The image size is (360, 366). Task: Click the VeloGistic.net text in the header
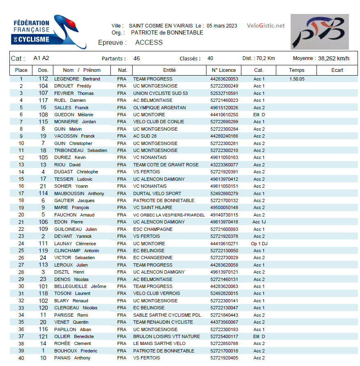(266, 25)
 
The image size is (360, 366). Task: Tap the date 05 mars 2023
(222, 25)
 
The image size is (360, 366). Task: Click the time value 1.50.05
(297, 79)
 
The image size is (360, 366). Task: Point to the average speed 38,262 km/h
(333, 58)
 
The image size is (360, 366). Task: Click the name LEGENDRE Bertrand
(77, 79)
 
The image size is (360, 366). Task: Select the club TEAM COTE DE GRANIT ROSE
(165, 165)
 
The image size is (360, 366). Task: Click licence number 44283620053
(224, 79)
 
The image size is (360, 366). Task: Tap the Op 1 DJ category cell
(259, 244)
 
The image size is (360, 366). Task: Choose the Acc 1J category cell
(259, 222)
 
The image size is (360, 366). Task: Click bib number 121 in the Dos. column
(43, 336)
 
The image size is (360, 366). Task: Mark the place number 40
(21, 358)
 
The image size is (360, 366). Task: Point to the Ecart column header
(337, 70)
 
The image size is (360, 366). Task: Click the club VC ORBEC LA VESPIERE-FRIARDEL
(169, 215)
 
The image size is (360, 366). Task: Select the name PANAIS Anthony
(72, 358)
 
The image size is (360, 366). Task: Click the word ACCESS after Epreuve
(149, 42)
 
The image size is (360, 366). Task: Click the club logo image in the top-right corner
(319, 32)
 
